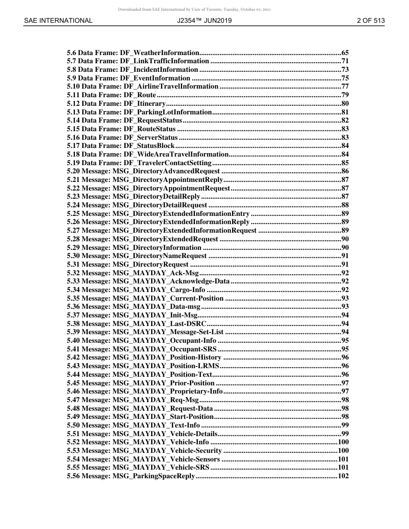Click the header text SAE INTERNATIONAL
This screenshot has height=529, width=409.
coord(58,21)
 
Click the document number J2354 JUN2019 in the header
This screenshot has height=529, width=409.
coord(204,21)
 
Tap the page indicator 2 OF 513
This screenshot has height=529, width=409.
coord(371,21)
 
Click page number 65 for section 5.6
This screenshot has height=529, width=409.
coord(345,53)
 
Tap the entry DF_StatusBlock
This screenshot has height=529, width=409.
coord(149,146)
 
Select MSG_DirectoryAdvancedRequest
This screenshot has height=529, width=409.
coord(166,171)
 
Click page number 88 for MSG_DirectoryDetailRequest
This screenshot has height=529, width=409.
coord(345,205)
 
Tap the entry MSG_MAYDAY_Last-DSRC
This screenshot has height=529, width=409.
coord(159,324)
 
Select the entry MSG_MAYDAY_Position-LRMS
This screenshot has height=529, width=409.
coord(166,366)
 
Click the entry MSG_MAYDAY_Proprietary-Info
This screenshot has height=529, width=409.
coord(167,391)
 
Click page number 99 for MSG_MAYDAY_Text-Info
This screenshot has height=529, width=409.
coord(345,425)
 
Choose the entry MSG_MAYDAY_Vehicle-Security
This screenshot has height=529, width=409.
coord(167,451)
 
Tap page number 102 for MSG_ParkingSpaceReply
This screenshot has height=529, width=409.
coord(343,476)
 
